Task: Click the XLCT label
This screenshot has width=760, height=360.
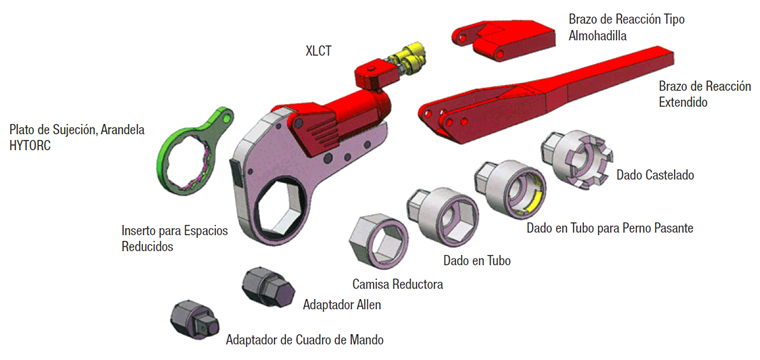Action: (318, 51)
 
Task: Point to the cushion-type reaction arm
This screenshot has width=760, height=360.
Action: (504, 39)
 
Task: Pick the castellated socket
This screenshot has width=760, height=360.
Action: (577, 157)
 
